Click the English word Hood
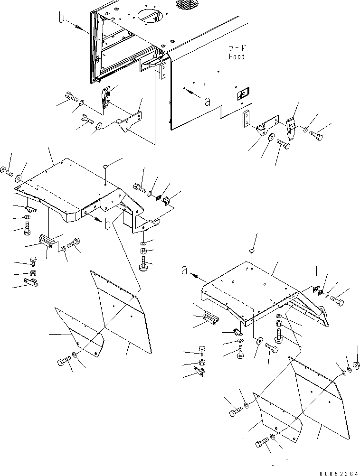(236, 56)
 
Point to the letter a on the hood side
(207, 101)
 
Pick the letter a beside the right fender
(185, 271)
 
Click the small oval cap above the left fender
(106, 166)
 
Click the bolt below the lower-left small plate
(63, 363)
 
